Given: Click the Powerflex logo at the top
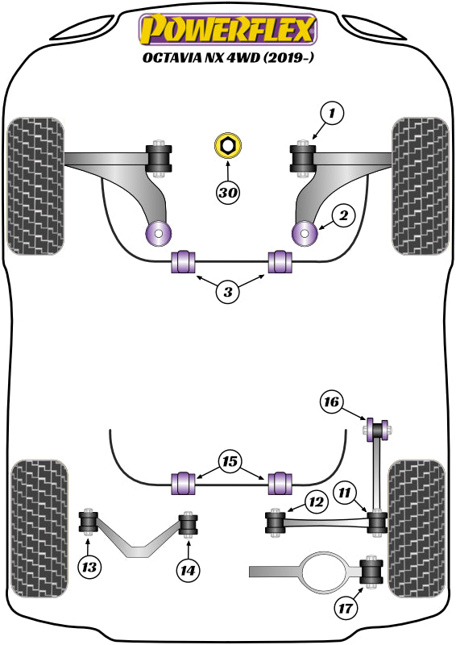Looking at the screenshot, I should click(228, 30).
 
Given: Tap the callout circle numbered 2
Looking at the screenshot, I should click(343, 215).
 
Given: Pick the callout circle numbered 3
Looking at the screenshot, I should click(228, 293).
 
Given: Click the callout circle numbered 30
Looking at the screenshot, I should click(228, 193).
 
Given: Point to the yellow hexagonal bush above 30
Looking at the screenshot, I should click(228, 147).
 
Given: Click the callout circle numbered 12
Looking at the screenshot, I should click(316, 503).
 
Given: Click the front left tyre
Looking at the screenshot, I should click(35, 186).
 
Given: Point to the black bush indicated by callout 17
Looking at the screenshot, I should click(373, 572).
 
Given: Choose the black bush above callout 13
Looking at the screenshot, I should click(88, 523).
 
